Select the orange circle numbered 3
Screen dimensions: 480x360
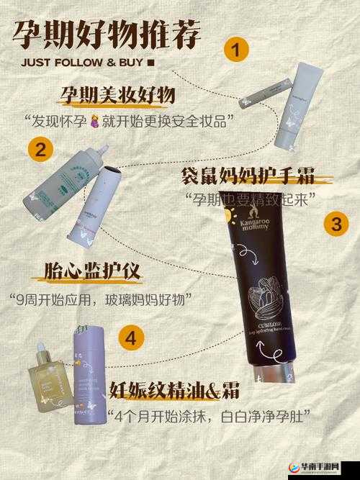[x=333, y=224]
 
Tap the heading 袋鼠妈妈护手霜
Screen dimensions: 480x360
[x=258, y=175]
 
